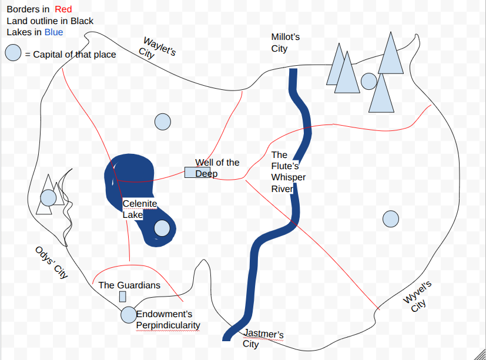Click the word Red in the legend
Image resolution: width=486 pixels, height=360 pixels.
(x=63, y=9)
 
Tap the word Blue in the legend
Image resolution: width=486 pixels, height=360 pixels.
(x=53, y=32)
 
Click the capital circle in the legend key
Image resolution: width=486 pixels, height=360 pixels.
(x=13, y=52)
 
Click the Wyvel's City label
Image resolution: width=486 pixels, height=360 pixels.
(x=417, y=297)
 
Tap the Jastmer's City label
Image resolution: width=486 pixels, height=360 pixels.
(x=263, y=338)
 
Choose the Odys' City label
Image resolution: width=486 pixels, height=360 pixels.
(x=52, y=263)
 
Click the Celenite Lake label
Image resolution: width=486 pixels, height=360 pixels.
(x=140, y=209)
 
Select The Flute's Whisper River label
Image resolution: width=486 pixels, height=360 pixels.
(x=289, y=171)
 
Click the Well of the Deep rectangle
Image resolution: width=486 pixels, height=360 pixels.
(x=197, y=172)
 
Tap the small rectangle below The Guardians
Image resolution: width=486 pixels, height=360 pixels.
(x=123, y=297)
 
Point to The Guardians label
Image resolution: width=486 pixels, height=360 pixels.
(x=129, y=285)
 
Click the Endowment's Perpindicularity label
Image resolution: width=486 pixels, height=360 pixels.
(x=168, y=319)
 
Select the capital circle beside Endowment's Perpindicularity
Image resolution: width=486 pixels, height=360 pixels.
(x=129, y=315)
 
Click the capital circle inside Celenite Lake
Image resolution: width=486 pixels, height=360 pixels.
(x=162, y=228)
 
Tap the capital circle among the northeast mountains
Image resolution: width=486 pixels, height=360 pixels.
(x=369, y=82)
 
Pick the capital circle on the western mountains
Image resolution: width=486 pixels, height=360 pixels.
(x=48, y=198)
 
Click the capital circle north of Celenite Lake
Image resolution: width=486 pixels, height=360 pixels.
(x=163, y=122)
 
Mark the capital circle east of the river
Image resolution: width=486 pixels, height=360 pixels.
(x=391, y=219)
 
